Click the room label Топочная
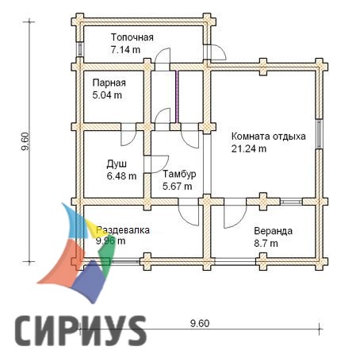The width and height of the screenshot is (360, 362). pyautogui.click(x=132, y=37)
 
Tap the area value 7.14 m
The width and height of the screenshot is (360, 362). pyautogui.click(x=125, y=49)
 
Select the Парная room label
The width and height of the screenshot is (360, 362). pyautogui.click(x=109, y=83)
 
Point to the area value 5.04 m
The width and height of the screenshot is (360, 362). pyautogui.click(x=107, y=94)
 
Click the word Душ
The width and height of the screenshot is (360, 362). pyautogui.click(x=117, y=164)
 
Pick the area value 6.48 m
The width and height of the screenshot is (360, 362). pyautogui.click(x=121, y=175)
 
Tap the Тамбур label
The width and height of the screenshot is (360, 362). pyautogui.click(x=179, y=174)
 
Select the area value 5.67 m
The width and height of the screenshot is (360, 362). pyautogui.click(x=177, y=187)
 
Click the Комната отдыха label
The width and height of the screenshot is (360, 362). pyautogui.click(x=269, y=137)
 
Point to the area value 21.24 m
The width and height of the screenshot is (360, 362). pyautogui.click(x=249, y=148)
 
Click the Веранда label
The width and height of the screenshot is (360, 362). pyautogui.click(x=273, y=231)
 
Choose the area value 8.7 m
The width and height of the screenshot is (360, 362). pyautogui.click(x=266, y=243)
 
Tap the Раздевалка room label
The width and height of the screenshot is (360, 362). pyautogui.click(x=123, y=230)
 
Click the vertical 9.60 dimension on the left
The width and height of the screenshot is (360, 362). pyautogui.click(x=25, y=141)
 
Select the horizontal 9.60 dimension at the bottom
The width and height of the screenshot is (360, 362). pyautogui.click(x=200, y=323)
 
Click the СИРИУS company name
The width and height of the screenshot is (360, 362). pyautogui.click(x=81, y=331)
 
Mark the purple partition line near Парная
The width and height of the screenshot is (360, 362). pyautogui.click(x=177, y=97)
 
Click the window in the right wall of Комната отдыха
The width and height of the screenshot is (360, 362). pyautogui.click(x=320, y=133)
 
